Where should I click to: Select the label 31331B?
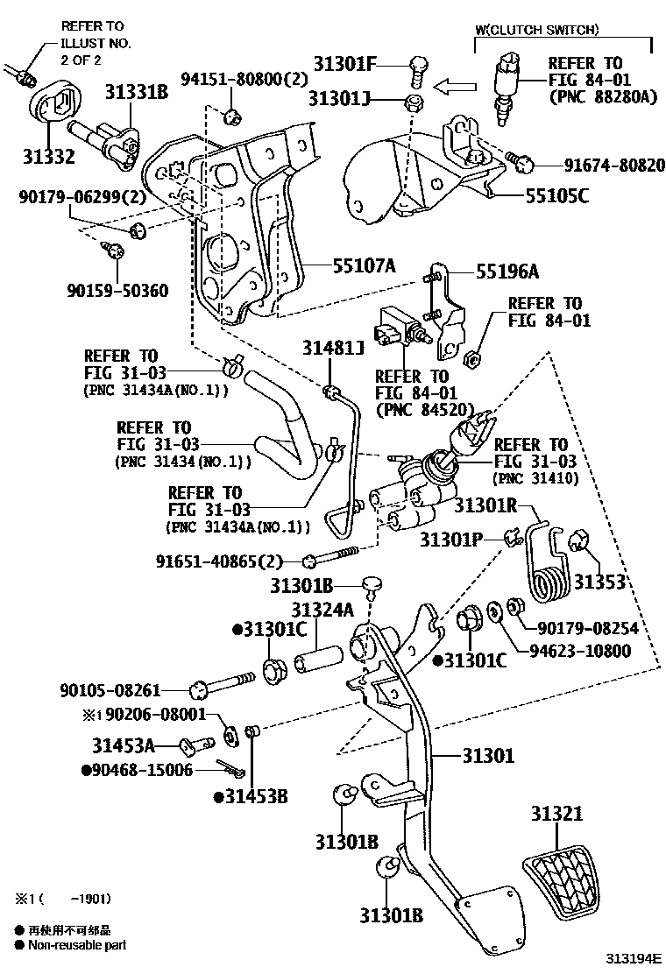(137, 91)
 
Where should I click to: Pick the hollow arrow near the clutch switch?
(457, 87)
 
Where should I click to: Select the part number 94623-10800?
(579, 651)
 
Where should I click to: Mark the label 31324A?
(322, 610)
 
